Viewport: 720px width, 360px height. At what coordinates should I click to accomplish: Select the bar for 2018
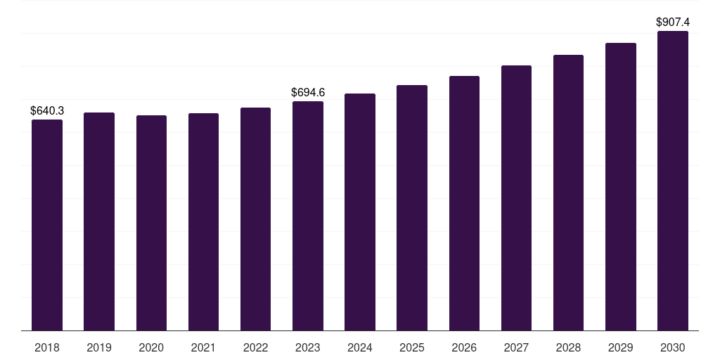[x=47, y=225]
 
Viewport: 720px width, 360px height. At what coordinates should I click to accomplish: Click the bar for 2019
[x=99, y=221]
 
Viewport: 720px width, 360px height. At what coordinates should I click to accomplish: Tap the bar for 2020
[x=152, y=223]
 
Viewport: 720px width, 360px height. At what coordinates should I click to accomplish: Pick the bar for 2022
[x=255, y=219]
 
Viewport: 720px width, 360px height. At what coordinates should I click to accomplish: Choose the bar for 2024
[x=360, y=212]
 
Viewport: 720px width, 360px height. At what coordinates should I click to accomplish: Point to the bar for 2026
[x=464, y=203]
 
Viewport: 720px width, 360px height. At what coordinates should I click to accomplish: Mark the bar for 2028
[x=568, y=193]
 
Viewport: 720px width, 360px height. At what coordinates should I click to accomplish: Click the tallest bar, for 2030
[x=673, y=181]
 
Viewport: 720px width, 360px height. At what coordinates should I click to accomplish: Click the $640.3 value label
[x=47, y=110]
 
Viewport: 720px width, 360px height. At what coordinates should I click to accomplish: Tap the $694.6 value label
[x=308, y=92]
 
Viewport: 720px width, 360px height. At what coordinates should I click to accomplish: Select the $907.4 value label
[x=673, y=22]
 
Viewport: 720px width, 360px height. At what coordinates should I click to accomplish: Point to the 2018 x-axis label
[x=47, y=347]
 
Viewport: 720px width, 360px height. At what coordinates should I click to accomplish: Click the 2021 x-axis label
[x=203, y=347]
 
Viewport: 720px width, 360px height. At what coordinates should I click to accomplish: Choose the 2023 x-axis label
[x=308, y=347]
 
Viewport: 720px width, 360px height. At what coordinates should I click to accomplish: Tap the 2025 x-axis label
[x=412, y=347]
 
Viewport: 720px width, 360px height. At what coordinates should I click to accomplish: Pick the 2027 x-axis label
[x=516, y=347]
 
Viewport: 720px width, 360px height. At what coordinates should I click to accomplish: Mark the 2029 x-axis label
[x=620, y=347]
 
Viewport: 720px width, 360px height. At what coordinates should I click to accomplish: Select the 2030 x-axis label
[x=673, y=347]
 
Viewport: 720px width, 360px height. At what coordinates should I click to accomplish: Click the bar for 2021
[x=203, y=221]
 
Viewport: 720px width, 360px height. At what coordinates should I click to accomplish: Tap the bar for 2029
[x=621, y=187]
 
